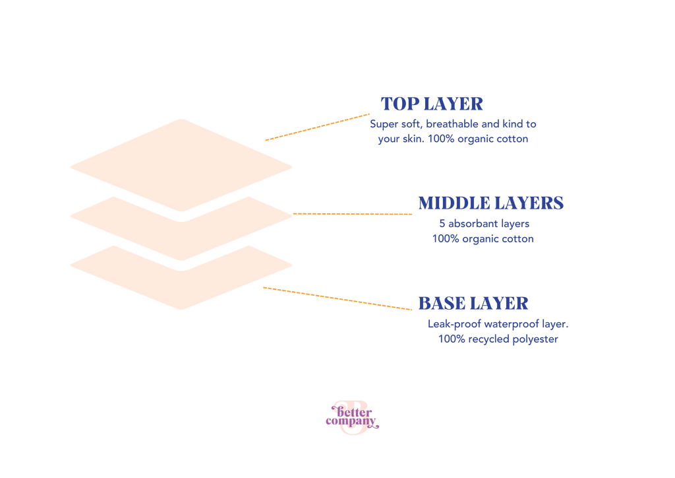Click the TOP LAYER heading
(432, 104)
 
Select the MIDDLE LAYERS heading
(490, 203)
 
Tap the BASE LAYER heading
(473, 304)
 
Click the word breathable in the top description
(452, 124)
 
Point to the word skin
(413, 139)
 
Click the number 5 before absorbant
(442, 224)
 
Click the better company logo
(352, 417)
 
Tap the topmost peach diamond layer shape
(181, 166)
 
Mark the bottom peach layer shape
(181, 290)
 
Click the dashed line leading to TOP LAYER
(317, 127)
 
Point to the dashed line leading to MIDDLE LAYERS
(353, 214)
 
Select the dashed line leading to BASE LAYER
(337, 298)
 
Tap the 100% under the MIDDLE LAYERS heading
(446, 239)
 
